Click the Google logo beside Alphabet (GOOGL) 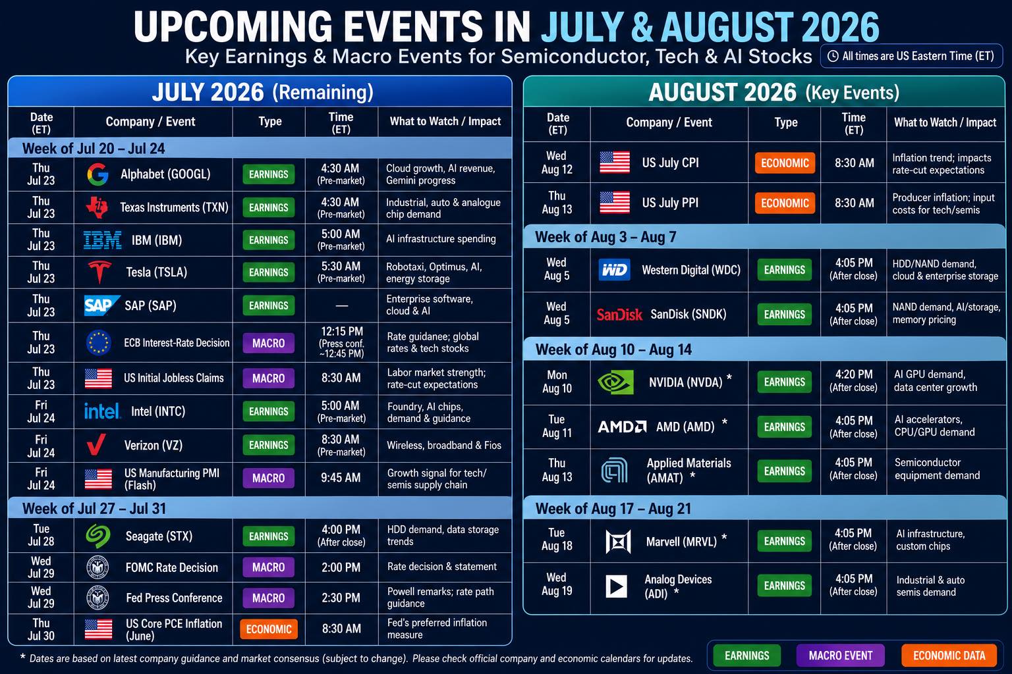click(x=98, y=174)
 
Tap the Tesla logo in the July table click(x=99, y=272)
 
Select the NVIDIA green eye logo click(x=615, y=382)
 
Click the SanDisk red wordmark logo click(x=619, y=314)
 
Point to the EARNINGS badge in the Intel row click(x=268, y=411)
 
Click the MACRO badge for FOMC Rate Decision click(x=268, y=567)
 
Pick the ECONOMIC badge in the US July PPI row click(x=785, y=203)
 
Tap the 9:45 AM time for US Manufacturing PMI click(x=341, y=478)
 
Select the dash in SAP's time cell click(x=341, y=305)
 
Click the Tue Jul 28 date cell click(x=41, y=535)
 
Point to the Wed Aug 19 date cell click(x=557, y=584)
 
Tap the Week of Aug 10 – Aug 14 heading click(x=613, y=350)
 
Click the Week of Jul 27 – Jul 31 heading click(x=94, y=509)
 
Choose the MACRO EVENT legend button click(x=840, y=656)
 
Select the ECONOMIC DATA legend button click(x=949, y=656)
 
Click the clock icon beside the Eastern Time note click(x=833, y=57)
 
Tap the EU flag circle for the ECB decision click(x=98, y=343)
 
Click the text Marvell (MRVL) click(x=681, y=542)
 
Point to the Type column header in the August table click(x=785, y=122)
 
